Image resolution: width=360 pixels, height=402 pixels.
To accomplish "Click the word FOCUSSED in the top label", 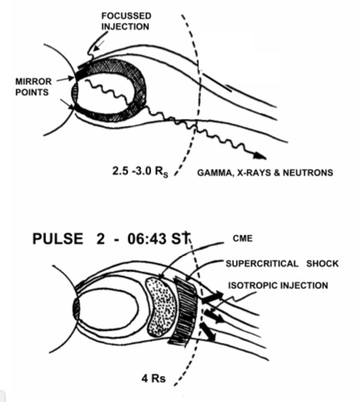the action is click(126, 16).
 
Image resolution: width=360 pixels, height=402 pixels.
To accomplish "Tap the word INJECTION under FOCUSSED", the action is click(125, 27).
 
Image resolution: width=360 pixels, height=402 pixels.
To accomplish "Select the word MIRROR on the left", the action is click(33, 81).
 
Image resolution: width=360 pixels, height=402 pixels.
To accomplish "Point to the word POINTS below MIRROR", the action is click(31, 92).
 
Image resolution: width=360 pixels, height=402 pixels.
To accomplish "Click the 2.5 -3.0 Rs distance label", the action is click(140, 171).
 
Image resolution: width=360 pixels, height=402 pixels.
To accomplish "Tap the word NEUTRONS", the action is click(308, 173).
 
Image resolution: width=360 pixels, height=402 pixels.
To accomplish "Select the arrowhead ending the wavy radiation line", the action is click(259, 156).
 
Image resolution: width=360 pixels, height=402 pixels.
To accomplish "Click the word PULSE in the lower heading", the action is click(58, 239).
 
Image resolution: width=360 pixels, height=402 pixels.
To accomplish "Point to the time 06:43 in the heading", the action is click(147, 239).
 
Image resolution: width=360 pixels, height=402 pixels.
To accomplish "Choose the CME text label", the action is click(243, 239).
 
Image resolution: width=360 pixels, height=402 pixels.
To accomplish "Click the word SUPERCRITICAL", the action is click(262, 264).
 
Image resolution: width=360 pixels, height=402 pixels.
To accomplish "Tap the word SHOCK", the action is click(322, 264).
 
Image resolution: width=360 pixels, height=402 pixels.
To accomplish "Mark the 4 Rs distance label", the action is click(154, 378).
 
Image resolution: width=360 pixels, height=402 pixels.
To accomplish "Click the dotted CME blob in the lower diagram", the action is click(160, 308).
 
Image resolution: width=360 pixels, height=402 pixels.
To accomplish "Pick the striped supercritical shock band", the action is click(185, 310).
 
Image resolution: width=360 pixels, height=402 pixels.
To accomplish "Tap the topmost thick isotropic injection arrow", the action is click(213, 297).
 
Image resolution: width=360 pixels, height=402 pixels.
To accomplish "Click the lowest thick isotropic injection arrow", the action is click(207, 331).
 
